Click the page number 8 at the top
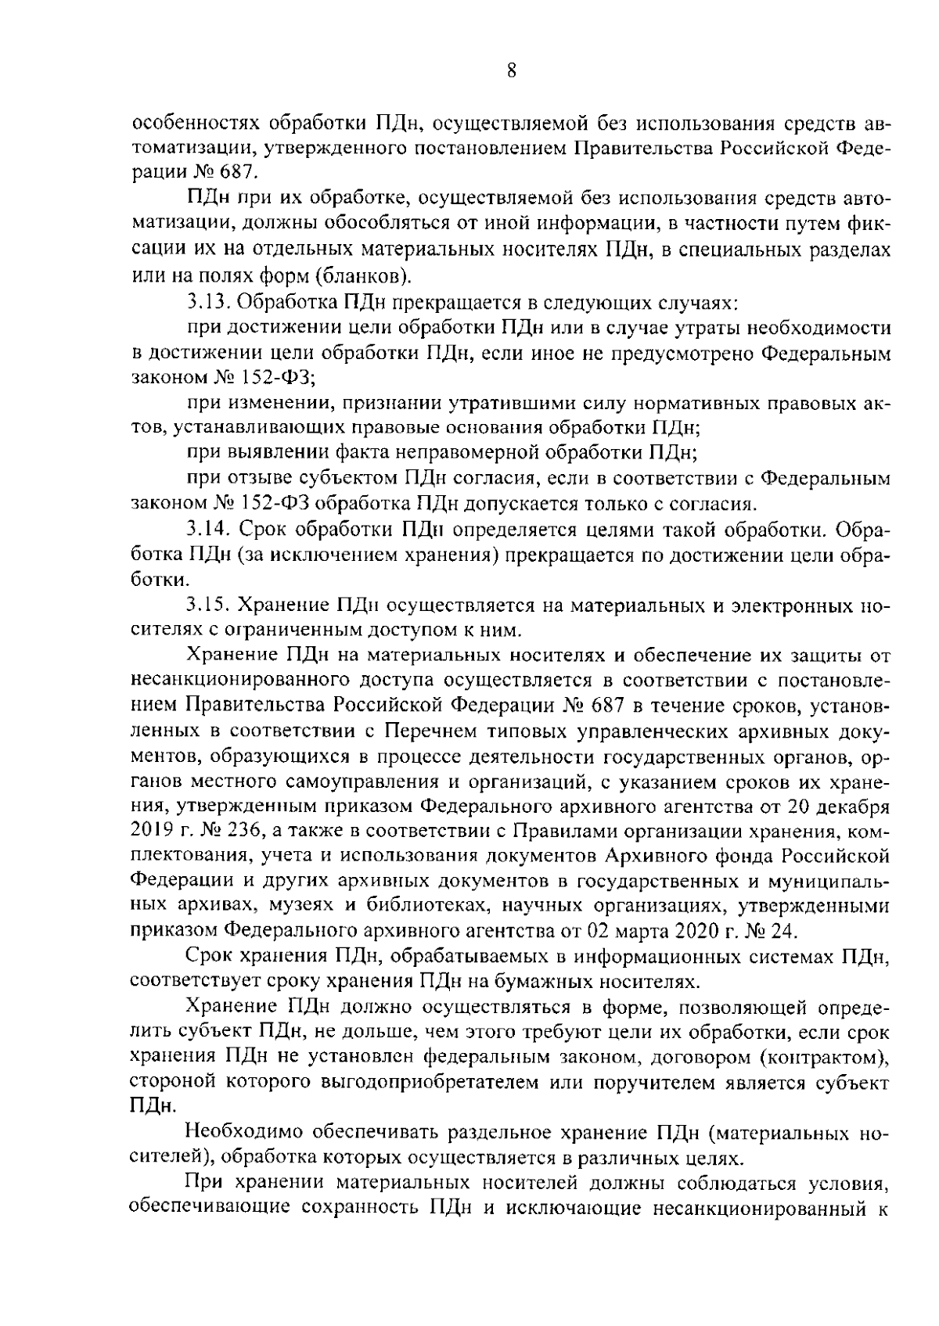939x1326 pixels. click(511, 71)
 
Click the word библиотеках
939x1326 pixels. click(418, 906)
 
